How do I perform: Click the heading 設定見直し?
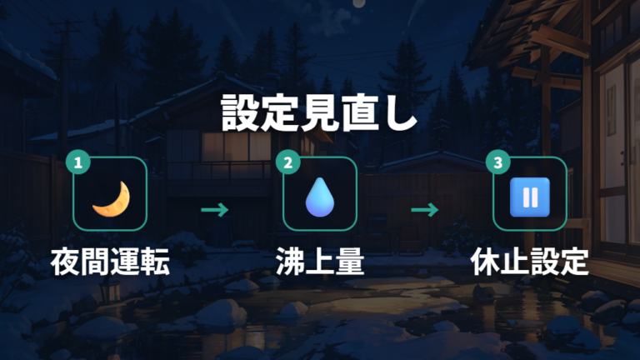(x=319, y=113)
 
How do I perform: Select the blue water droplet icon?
(x=320, y=197)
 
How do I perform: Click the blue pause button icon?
(x=530, y=197)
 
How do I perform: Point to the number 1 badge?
(x=78, y=162)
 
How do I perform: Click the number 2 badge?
(x=288, y=162)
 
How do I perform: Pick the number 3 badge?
(x=498, y=162)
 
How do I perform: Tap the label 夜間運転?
(x=110, y=262)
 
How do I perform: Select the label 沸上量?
(x=320, y=262)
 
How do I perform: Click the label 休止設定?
(x=530, y=262)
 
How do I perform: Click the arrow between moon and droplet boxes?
(x=215, y=210)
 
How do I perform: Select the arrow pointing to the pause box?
(x=425, y=210)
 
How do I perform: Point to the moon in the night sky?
(x=359, y=3)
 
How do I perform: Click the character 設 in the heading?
(x=240, y=113)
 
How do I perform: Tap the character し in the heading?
(x=400, y=113)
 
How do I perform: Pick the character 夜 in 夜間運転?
(x=65, y=262)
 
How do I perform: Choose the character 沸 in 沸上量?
(x=290, y=262)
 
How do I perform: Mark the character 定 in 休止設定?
(x=575, y=262)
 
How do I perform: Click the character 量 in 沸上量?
(x=349, y=262)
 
